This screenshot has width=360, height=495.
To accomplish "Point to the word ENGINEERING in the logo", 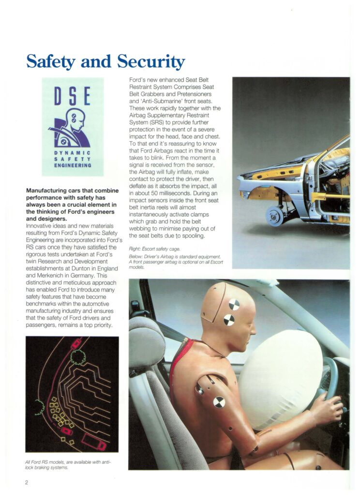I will point(73,165).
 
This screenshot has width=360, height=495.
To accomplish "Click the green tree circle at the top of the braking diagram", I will point(78,356).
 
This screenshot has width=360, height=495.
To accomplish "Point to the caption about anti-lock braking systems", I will point(68,465).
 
